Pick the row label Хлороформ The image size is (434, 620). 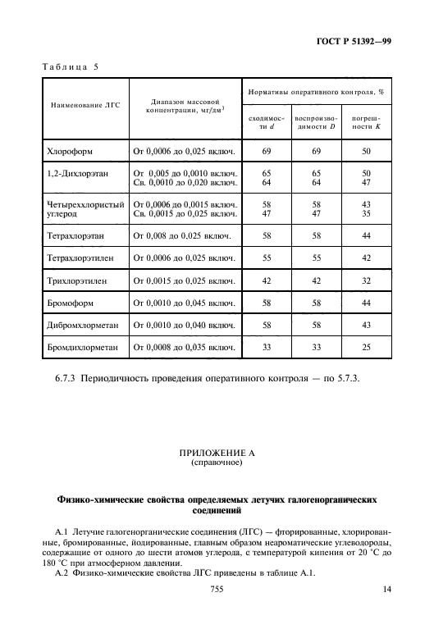pyautogui.click(x=74, y=153)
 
